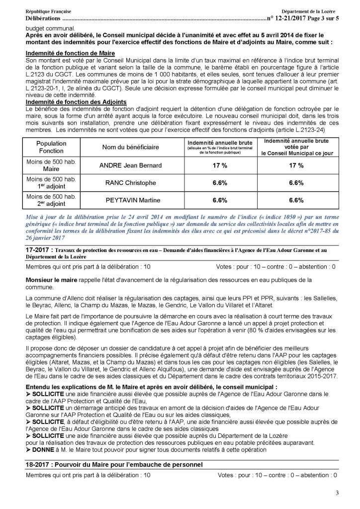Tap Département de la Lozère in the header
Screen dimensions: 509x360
(309, 11)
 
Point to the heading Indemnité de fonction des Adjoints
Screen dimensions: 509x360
(75, 102)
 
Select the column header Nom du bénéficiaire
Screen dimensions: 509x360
(131, 148)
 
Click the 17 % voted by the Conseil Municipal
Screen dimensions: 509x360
(296, 166)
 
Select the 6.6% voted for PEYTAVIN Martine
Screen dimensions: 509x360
(296, 200)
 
